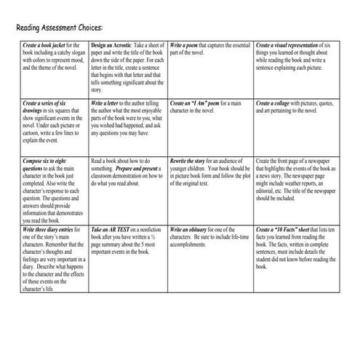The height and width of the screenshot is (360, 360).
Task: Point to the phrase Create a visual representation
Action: coord(289,44)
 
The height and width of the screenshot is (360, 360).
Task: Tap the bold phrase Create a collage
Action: coord(276,104)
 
